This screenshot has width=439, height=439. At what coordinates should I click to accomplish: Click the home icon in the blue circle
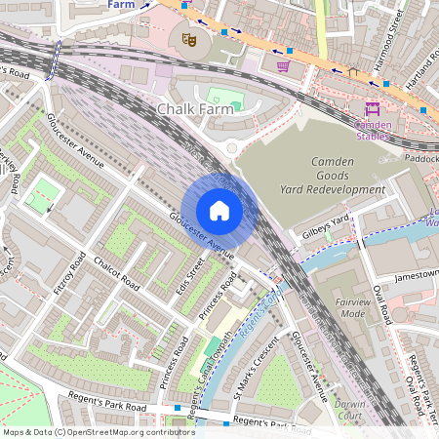coord(219,211)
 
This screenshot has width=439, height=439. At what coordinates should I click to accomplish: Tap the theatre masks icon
coord(189,38)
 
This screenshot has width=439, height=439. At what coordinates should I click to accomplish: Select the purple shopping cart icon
coord(283,66)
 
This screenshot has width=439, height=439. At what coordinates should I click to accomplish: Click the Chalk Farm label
coord(195,110)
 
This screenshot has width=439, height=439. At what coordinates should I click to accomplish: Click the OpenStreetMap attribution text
coord(98,431)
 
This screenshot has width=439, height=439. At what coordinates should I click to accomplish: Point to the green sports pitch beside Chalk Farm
coord(223,99)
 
